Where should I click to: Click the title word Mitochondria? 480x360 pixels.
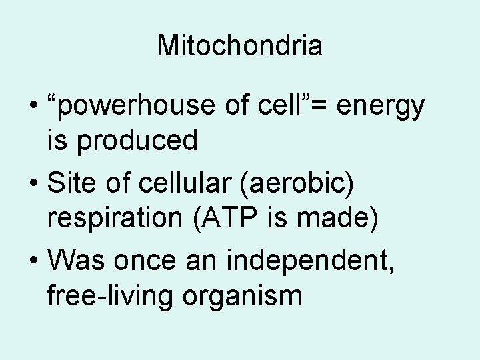coord(240,45)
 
